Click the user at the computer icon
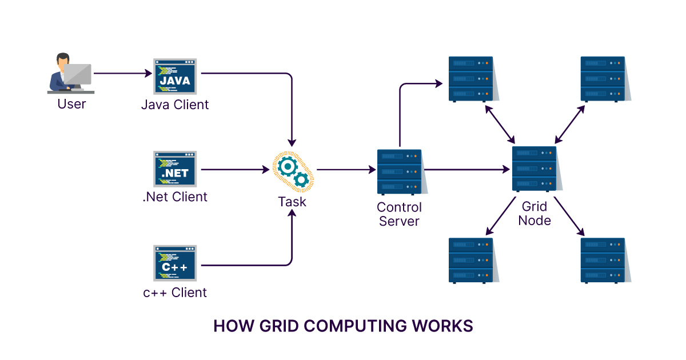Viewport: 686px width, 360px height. [x=70, y=73]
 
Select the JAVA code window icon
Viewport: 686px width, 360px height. [x=175, y=77]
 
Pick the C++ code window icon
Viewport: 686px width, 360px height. [x=175, y=264]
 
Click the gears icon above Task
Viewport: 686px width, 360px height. [x=293, y=170]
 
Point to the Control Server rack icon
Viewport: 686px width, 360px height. [x=399, y=171]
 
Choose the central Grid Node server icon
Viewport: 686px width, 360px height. [x=534, y=169]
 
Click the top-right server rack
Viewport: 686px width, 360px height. [x=603, y=79]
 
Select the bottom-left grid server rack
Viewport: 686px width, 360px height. [x=470, y=260]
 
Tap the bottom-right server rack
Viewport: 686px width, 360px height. [x=603, y=260]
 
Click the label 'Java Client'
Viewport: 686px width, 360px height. [x=175, y=105]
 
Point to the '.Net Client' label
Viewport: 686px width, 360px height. [x=175, y=197]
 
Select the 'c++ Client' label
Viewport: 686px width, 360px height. [x=175, y=293]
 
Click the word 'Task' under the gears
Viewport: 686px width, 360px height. [x=292, y=201]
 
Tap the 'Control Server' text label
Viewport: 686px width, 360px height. [x=400, y=214]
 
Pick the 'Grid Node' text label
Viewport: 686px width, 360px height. [x=535, y=213]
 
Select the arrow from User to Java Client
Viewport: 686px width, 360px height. [x=122, y=73]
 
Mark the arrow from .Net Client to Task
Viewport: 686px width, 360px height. [x=235, y=170]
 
